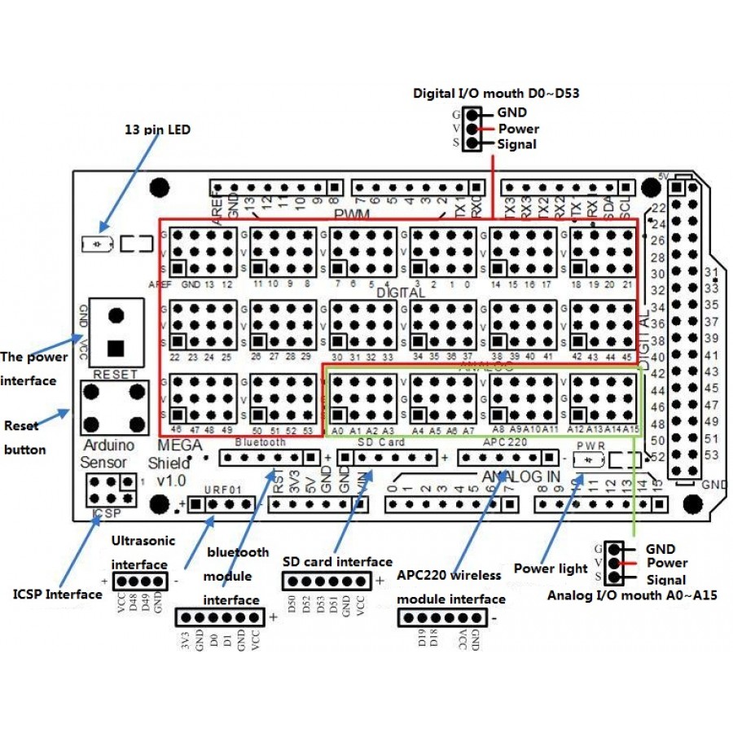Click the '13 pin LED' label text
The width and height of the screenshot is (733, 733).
tap(157, 129)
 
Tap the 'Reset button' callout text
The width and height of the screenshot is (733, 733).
tap(25, 437)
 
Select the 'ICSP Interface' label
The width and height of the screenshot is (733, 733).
tap(58, 594)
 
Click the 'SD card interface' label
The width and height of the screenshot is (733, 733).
tap(337, 561)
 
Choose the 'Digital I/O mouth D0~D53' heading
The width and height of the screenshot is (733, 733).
tap(496, 93)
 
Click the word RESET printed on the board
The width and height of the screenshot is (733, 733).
tap(115, 373)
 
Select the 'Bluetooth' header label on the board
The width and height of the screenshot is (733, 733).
tap(260, 441)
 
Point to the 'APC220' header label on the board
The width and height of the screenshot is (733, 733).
tap(506, 441)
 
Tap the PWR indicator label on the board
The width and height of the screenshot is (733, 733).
tap(589, 446)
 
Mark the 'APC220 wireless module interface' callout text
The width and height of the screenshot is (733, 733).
tap(451, 586)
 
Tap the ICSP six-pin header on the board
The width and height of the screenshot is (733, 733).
tap(108, 489)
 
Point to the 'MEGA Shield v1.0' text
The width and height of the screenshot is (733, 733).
tap(174, 462)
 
